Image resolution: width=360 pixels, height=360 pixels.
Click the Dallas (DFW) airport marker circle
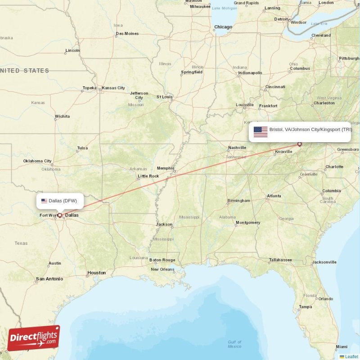pyautogui.click(x=59, y=215)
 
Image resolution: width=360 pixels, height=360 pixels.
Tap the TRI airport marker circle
pyautogui.click(x=299, y=144)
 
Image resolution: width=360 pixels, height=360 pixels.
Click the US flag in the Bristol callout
pyautogui.click(x=261, y=131)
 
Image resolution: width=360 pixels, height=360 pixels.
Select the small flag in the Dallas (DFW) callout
pyautogui.click(x=44, y=201)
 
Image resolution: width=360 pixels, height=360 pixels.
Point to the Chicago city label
pyautogui.click(x=223, y=27)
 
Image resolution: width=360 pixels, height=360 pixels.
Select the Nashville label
pyautogui.click(x=237, y=148)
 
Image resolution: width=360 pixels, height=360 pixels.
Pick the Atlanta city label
pyautogui.click(x=274, y=196)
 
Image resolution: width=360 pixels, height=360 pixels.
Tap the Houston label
pyautogui.click(x=97, y=273)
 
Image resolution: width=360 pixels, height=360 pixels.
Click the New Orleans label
pyautogui.click(x=162, y=270)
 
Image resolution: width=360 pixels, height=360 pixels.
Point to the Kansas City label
pyautogui.click(x=113, y=88)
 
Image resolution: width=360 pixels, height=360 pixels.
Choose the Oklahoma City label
pyautogui.click(x=37, y=161)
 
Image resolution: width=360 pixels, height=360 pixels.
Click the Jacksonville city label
pyautogui.click(x=324, y=262)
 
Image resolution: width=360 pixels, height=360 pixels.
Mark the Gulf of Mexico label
pyautogui.click(x=234, y=344)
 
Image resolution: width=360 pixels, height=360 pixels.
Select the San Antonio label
pyautogui.click(x=49, y=279)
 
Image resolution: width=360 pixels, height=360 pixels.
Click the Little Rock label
pyautogui.click(x=148, y=176)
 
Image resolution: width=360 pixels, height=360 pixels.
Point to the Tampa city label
pyautogui.click(x=305, y=307)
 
